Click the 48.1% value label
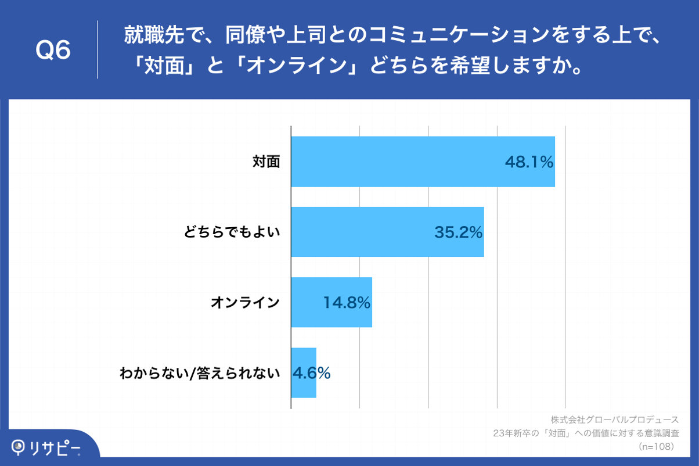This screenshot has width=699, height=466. (529, 163)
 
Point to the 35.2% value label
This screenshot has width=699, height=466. (459, 233)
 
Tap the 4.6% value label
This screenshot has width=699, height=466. (311, 373)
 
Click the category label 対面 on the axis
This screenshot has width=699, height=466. (266, 162)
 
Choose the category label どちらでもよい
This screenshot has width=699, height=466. (232, 232)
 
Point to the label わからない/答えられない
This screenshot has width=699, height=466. (200, 373)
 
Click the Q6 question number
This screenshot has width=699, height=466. (53, 51)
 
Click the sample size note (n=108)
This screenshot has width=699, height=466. (656, 446)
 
